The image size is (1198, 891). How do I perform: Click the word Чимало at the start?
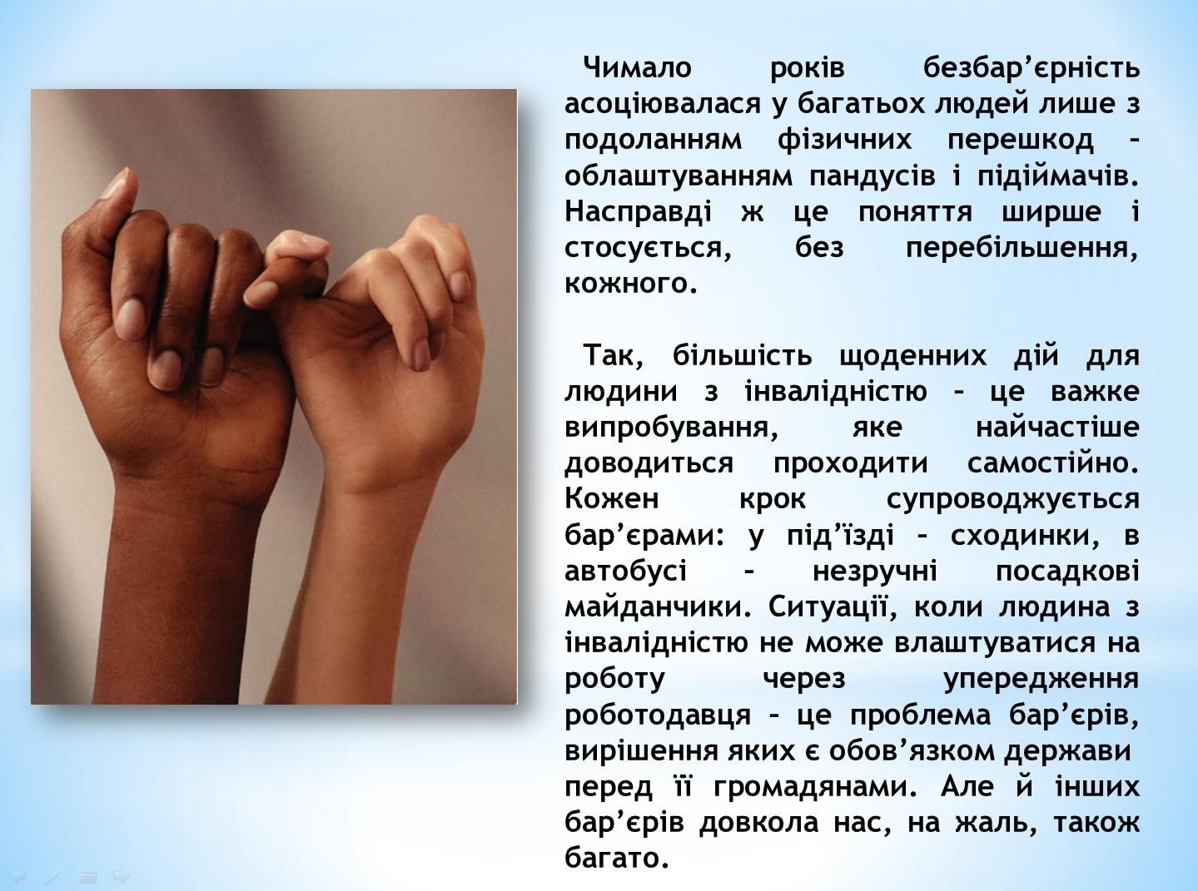click(x=638, y=68)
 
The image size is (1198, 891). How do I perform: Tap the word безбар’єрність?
click(x=1031, y=68)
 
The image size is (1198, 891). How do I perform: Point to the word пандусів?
click(x=872, y=176)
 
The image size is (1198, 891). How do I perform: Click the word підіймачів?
click(x=1058, y=176)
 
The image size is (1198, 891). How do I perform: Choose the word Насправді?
click(x=639, y=212)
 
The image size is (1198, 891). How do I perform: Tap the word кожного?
click(x=631, y=284)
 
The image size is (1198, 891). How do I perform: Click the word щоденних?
click(x=912, y=356)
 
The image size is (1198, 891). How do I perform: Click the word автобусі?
click(x=625, y=572)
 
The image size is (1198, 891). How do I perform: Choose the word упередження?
click(x=1042, y=680)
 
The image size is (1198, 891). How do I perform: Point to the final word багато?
click(x=617, y=859)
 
